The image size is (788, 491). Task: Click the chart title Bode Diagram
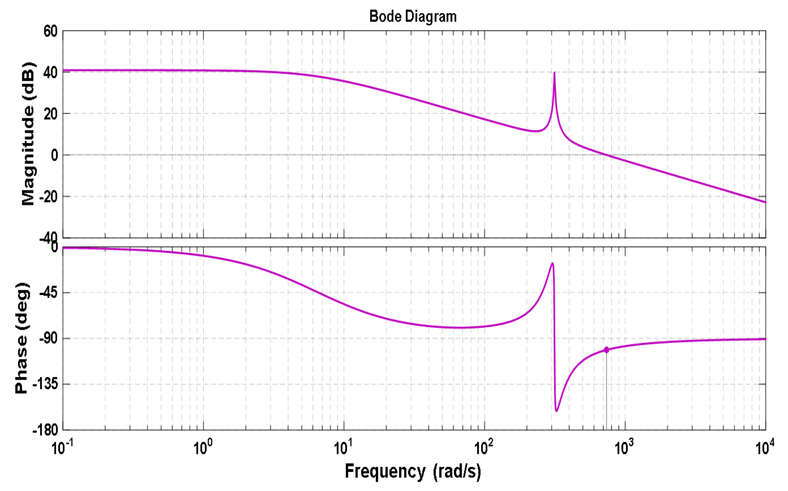413,17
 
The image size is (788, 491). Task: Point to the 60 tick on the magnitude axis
51,31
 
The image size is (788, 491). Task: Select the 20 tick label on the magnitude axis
51,114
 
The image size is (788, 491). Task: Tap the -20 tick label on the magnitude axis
48,197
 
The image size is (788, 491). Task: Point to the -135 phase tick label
45,385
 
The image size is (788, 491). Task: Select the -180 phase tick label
45,430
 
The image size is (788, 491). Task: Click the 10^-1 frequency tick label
62,448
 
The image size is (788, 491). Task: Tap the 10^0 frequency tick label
202,448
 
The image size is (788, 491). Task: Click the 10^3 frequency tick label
624,448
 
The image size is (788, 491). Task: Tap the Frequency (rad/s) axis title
413,472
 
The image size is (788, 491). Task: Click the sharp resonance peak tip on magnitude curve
554,73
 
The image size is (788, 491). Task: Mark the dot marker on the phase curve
606,350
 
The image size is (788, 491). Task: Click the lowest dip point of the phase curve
556,411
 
